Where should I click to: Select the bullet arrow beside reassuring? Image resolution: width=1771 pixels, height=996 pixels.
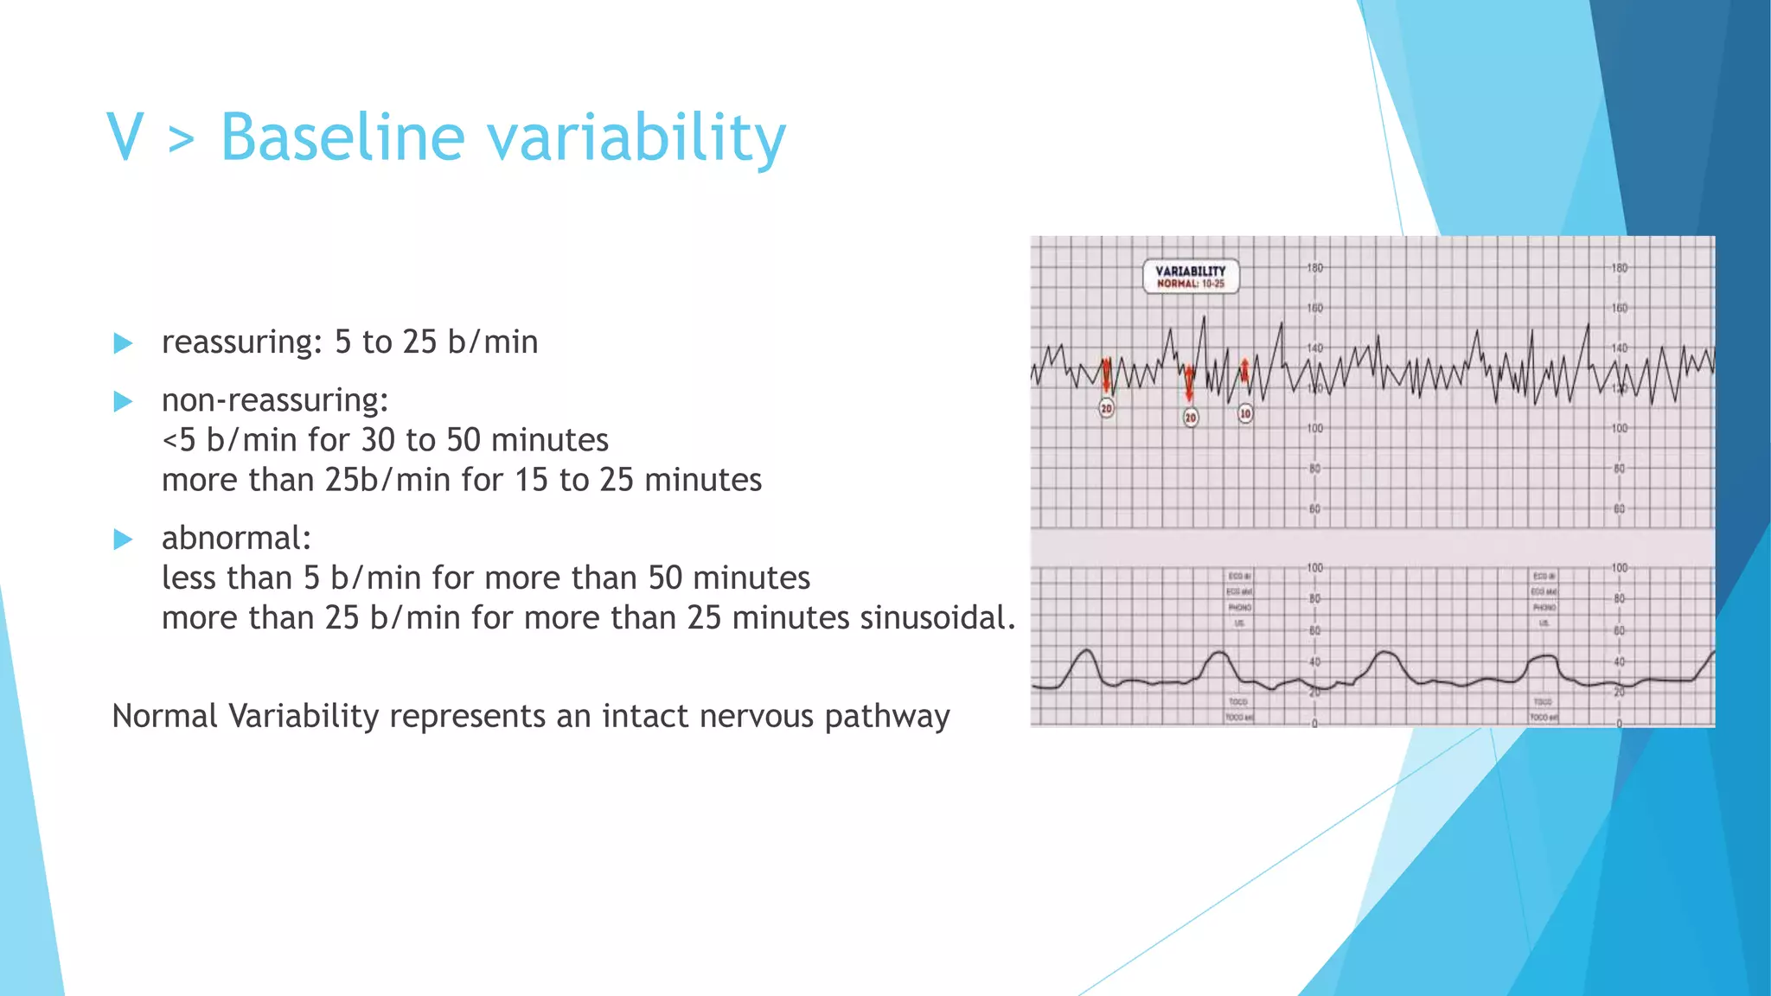click(x=123, y=343)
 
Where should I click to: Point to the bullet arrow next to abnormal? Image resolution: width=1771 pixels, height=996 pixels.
click(x=123, y=539)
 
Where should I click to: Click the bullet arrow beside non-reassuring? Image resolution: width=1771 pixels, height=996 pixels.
click(x=123, y=401)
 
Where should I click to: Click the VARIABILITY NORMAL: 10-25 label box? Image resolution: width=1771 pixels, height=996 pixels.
click(x=1191, y=277)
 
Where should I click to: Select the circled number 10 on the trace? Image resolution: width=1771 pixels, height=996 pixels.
click(x=1245, y=414)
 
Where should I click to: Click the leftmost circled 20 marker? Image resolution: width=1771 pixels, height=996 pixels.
click(x=1106, y=408)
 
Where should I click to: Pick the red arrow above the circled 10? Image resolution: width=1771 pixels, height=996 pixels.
click(x=1245, y=372)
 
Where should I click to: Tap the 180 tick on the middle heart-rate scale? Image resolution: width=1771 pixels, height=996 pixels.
click(x=1314, y=268)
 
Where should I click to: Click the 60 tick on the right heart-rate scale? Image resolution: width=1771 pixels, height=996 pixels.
click(x=1619, y=509)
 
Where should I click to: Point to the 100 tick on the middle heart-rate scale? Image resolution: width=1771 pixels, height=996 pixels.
click(x=1314, y=429)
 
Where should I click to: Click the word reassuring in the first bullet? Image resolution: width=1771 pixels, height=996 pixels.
click(x=240, y=343)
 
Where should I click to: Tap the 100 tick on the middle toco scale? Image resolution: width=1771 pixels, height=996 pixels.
click(x=1314, y=568)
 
